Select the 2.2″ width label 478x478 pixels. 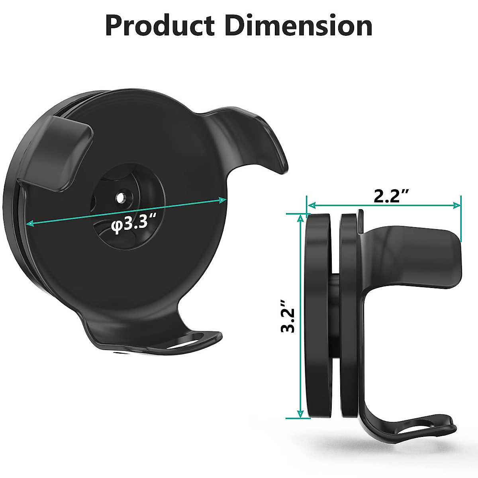tap(392, 196)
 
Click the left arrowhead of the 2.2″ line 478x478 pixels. tap(311, 206)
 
